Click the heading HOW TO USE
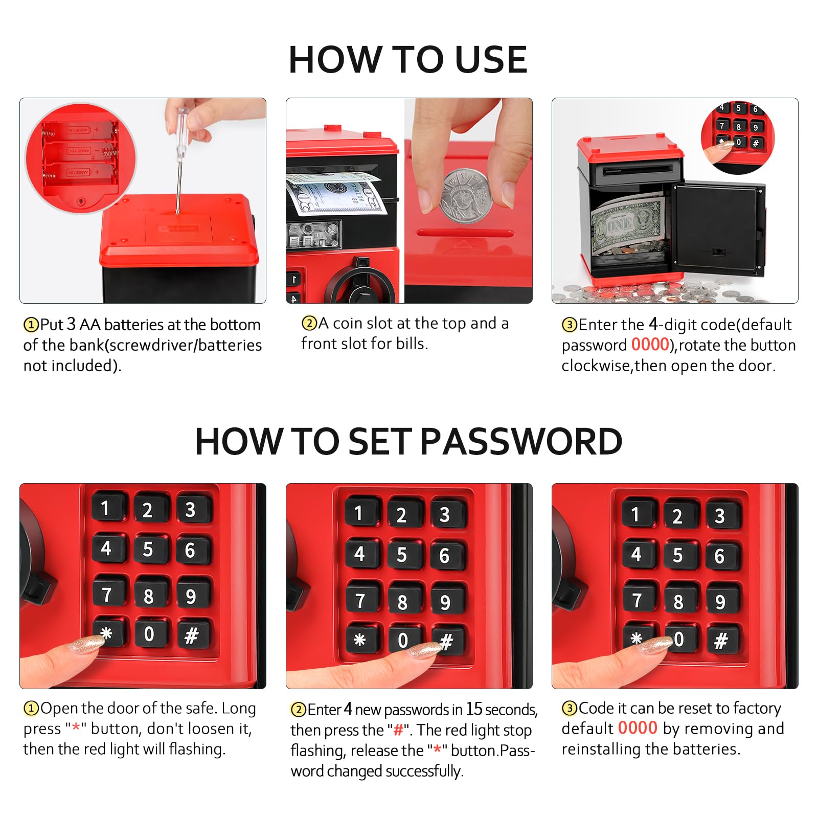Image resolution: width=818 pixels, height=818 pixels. [x=408, y=60]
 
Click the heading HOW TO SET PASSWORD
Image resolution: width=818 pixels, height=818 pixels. [x=408, y=441]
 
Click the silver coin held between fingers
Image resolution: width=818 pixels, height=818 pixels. [x=466, y=196]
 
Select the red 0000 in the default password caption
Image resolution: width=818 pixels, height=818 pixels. [x=650, y=345]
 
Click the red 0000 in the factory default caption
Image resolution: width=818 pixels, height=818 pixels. [x=638, y=728]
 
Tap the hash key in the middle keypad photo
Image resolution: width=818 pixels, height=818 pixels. [x=447, y=641]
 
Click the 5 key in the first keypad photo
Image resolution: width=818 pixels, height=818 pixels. [x=148, y=550]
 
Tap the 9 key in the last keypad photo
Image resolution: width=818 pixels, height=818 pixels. [x=721, y=602]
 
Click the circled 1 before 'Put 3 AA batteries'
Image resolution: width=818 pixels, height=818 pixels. [x=31, y=325]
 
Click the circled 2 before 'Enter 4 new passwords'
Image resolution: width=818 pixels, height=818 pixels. [x=298, y=710]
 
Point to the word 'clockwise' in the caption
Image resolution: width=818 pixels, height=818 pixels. [x=596, y=366]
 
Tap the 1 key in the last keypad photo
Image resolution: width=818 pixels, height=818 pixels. [x=635, y=515]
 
